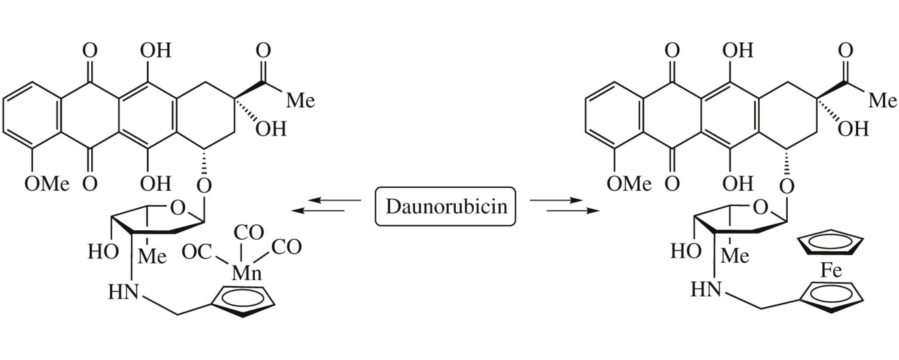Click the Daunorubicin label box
tap(445, 206)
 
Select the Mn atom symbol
tap(247, 272)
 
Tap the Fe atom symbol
tap(831, 270)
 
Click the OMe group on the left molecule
tap(47, 184)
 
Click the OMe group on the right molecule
tap(629, 184)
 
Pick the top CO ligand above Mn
tap(249, 233)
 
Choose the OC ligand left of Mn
tap(197, 252)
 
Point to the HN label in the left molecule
tap(123, 292)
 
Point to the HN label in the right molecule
tap(706, 289)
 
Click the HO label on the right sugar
tap(686, 251)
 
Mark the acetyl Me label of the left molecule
tap(300, 100)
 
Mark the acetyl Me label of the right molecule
tap(882, 100)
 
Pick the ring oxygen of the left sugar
tap(178, 208)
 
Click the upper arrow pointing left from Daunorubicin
tap(334, 200)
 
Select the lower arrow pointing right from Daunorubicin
tap(573, 211)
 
